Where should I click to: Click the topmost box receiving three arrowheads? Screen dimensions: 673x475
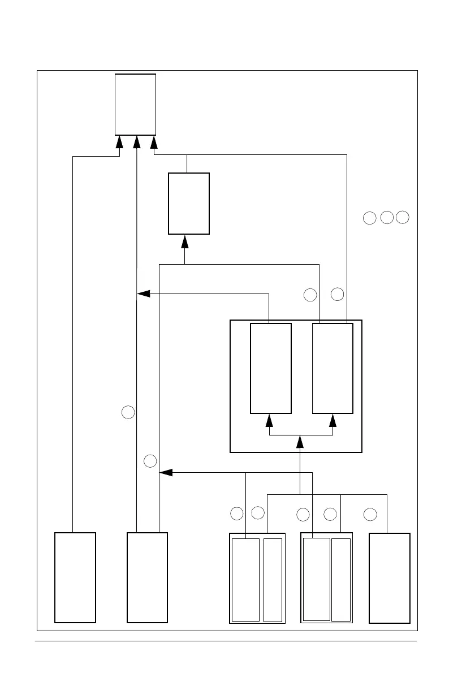(x=135, y=104)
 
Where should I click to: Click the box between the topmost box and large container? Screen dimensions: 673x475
(x=189, y=203)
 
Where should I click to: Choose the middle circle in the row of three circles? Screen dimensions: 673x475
(x=386, y=217)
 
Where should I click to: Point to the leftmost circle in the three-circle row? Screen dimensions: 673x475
(x=369, y=218)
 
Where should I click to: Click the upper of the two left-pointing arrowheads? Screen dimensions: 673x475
(x=144, y=294)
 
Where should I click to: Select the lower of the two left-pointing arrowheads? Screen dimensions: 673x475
(x=166, y=472)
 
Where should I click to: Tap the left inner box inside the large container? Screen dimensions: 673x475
(x=271, y=368)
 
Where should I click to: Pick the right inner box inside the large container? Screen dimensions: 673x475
(x=332, y=368)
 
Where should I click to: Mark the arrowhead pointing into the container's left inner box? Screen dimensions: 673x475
(x=270, y=420)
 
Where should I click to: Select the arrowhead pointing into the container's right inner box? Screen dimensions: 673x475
(x=333, y=420)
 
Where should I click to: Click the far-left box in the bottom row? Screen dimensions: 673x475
(x=75, y=577)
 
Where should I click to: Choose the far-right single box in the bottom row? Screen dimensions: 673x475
(x=389, y=577)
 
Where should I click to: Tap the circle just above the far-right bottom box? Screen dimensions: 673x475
(x=370, y=515)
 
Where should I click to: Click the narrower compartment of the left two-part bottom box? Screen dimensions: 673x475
(x=273, y=580)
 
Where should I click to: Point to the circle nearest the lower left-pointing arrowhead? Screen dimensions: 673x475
(x=150, y=461)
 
